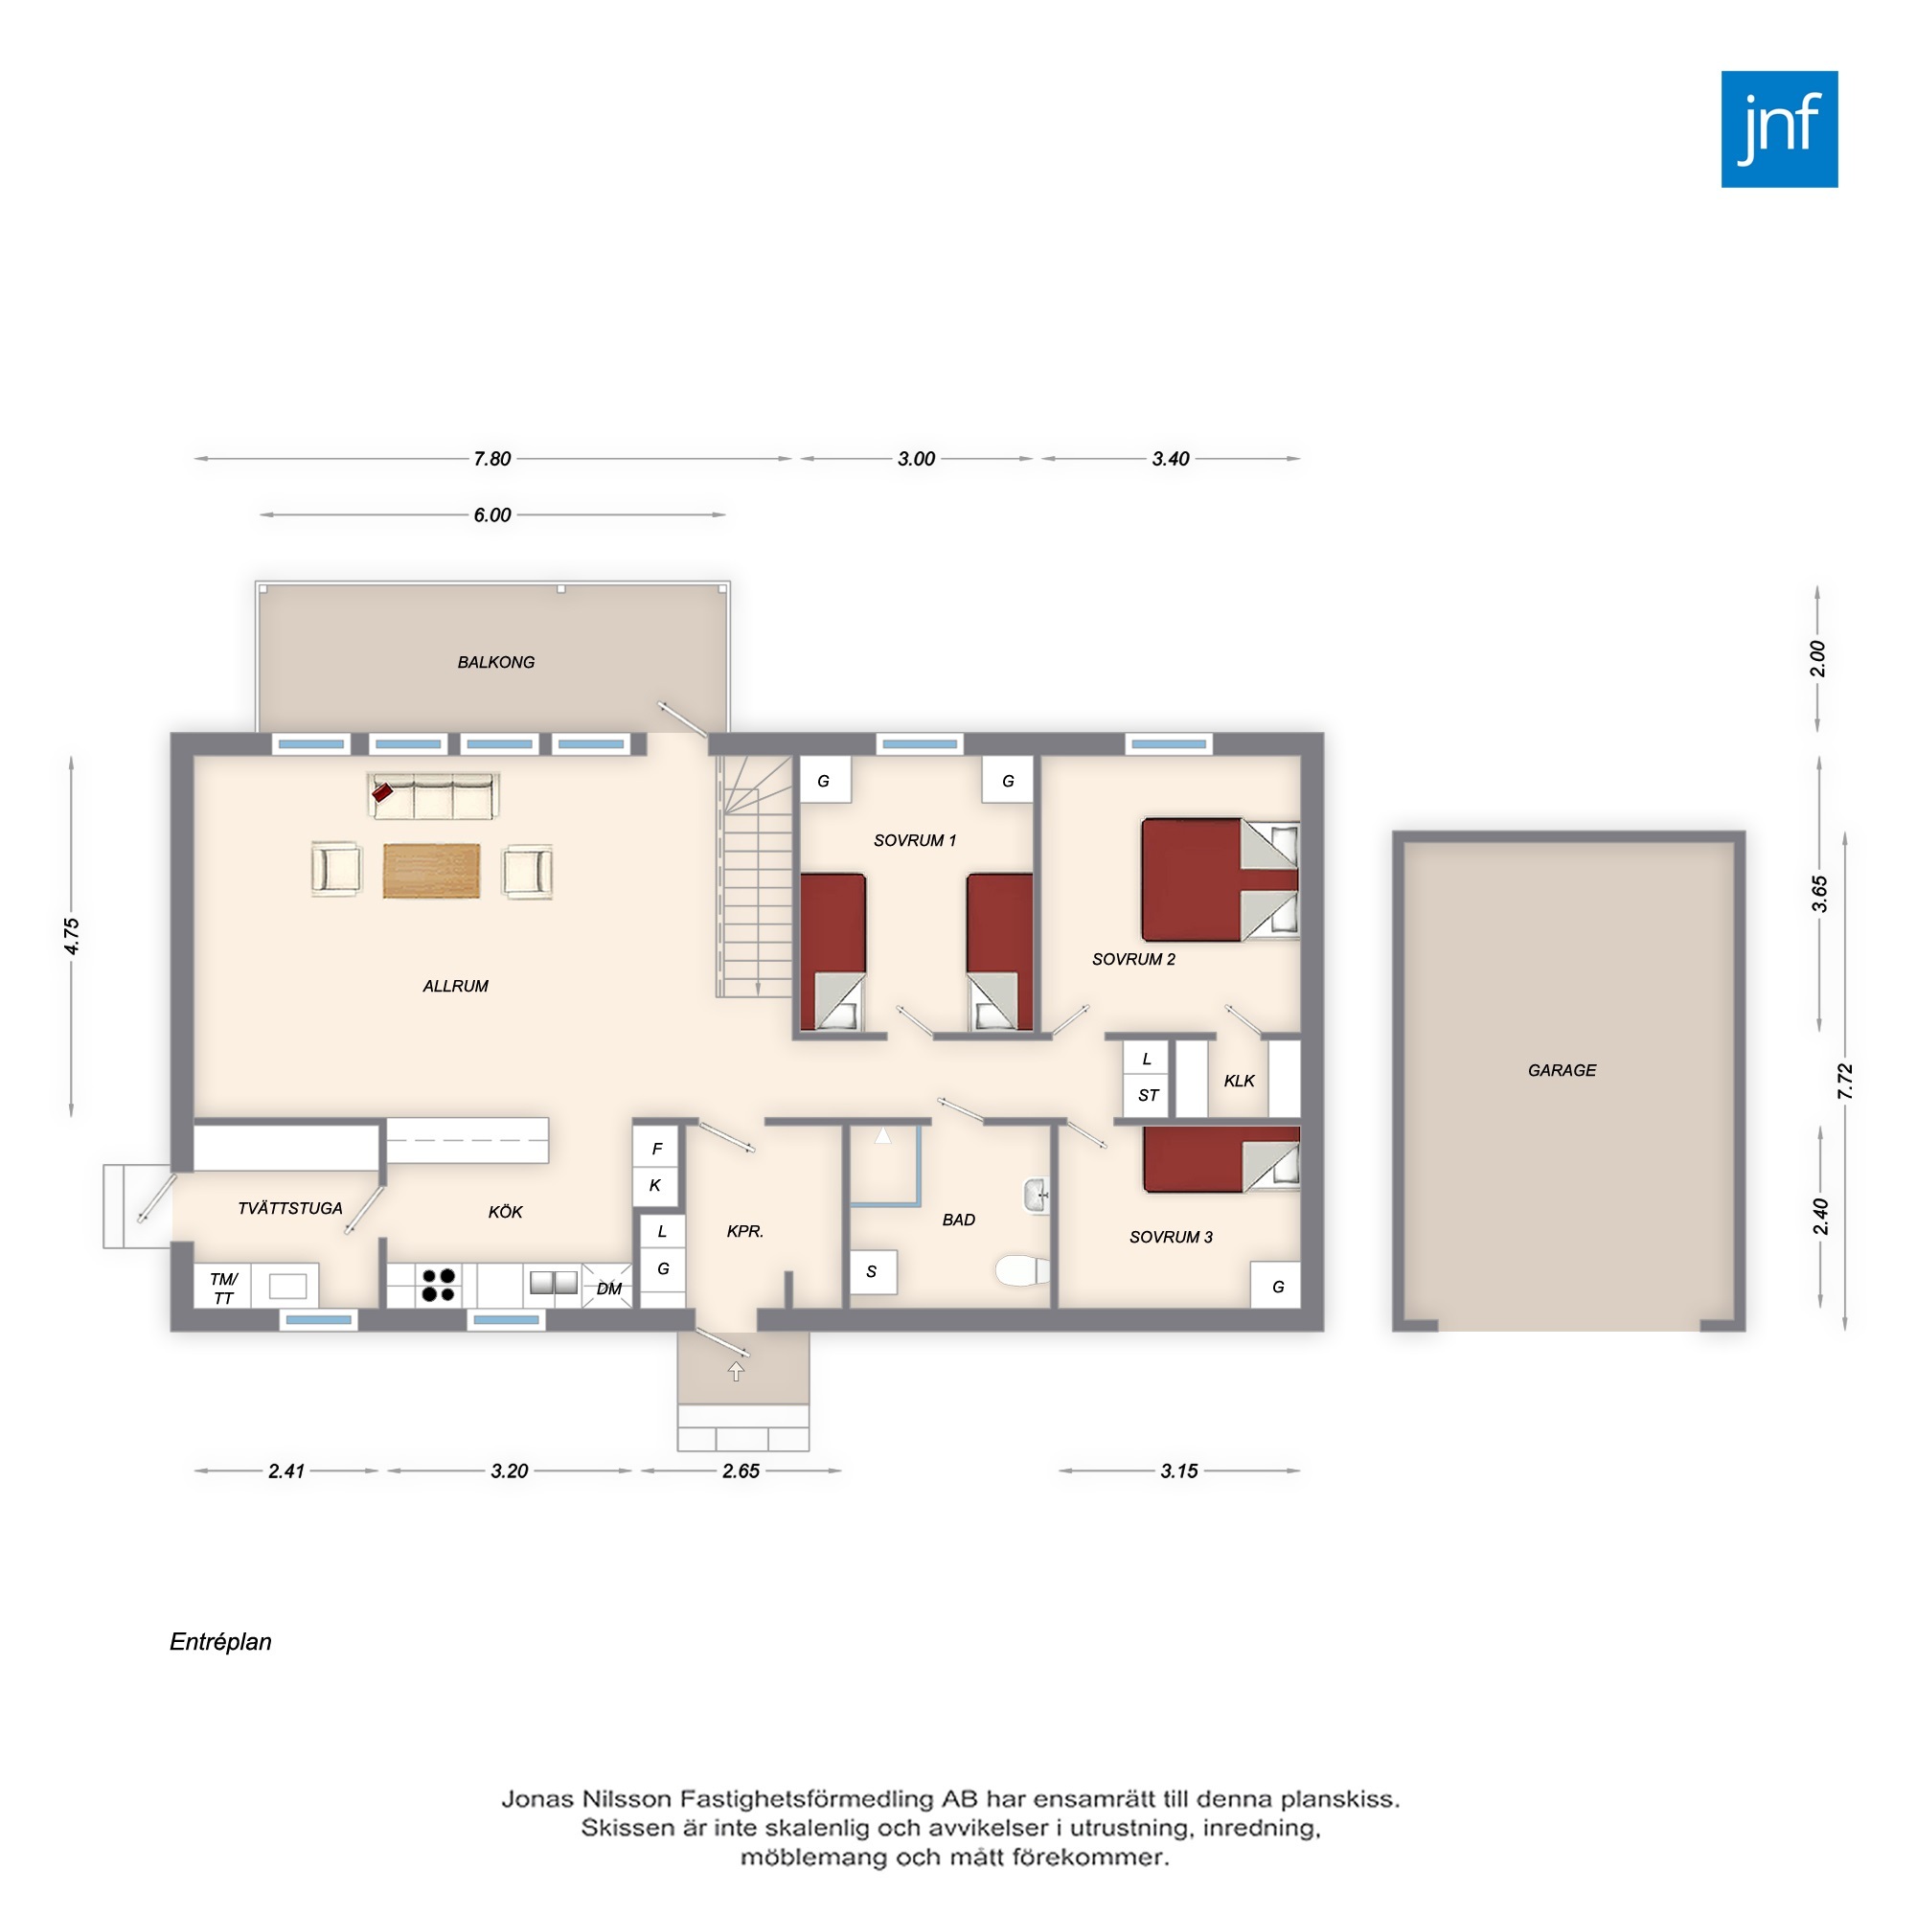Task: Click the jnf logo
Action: (1779, 129)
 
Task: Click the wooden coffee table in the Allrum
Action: (431, 871)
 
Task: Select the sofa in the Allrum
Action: (433, 796)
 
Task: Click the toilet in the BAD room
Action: (1022, 1269)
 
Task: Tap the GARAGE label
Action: (1562, 1070)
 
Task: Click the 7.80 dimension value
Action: (491, 459)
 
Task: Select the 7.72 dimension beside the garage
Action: (1844, 1082)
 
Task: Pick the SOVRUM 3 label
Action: (1172, 1237)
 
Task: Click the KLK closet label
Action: (1240, 1081)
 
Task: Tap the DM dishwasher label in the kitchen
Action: (609, 1289)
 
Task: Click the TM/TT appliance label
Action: (224, 1289)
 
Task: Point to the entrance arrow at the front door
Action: (736, 1372)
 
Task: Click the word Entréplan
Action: (220, 1641)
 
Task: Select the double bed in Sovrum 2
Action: (1220, 879)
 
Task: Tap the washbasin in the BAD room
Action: (1037, 1195)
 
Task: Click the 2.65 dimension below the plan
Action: (741, 1471)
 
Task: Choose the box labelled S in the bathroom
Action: (874, 1271)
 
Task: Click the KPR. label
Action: (744, 1231)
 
